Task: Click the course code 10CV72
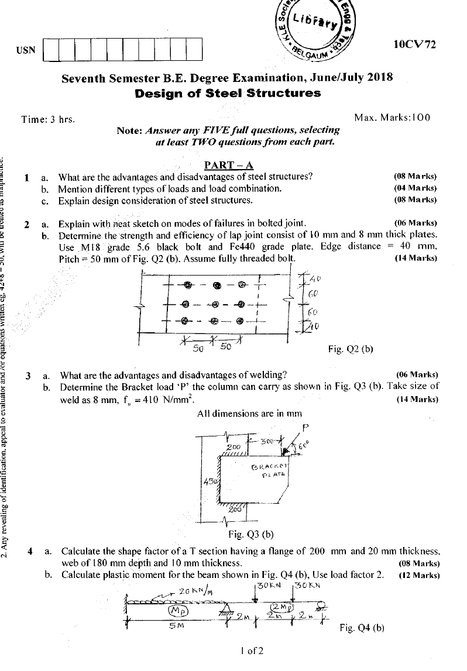coord(416,44)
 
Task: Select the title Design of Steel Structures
coord(228,93)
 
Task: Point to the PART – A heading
coord(228,165)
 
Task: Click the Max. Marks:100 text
coord(392,118)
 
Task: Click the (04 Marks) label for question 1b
coord(416,188)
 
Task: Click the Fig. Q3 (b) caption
coord(250,534)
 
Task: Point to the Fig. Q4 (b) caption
coord(362,628)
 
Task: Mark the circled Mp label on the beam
coord(178,610)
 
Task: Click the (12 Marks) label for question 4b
coord(418,574)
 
